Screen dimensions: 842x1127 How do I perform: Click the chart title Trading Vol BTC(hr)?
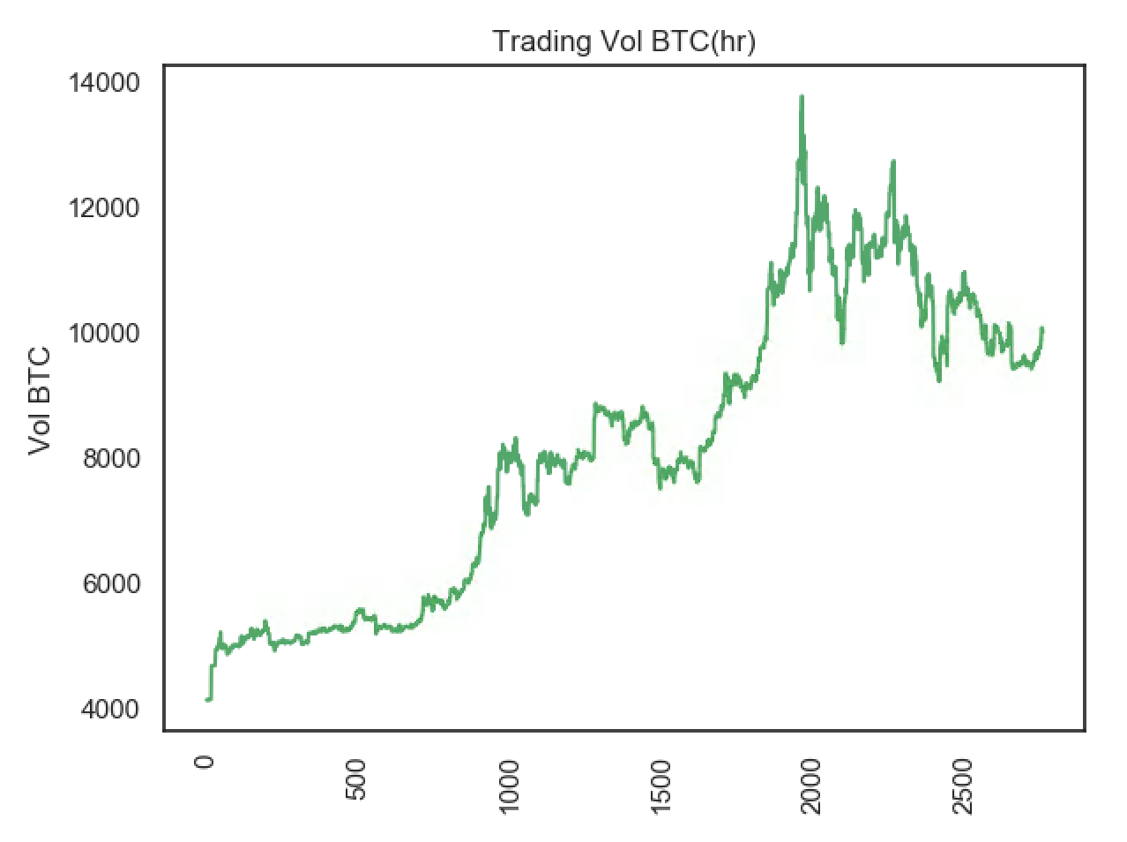point(623,41)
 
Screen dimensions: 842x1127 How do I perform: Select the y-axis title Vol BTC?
point(40,402)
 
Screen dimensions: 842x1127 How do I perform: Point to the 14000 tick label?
point(103,83)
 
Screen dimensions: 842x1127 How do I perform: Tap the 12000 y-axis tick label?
point(103,208)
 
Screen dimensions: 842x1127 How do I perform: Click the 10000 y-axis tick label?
point(103,334)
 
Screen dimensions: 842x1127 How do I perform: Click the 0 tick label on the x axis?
point(205,763)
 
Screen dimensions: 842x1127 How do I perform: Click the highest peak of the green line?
point(801,96)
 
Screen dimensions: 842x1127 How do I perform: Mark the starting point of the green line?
point(206,700)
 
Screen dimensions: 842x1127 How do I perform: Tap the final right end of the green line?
point(1042,328)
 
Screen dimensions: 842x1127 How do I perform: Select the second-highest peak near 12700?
point(893,162)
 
